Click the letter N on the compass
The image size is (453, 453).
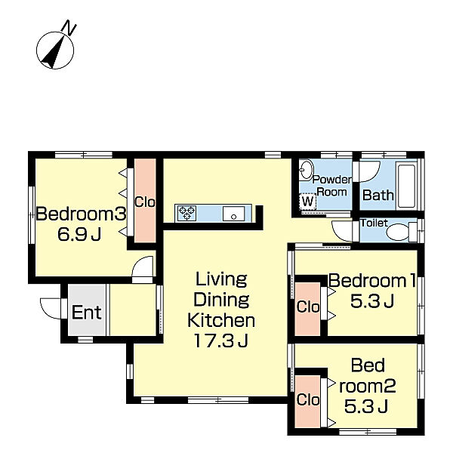[x=69, y=27]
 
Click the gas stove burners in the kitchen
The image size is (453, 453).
[x=187, y=214]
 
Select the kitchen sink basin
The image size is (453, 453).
[x=233, y=214]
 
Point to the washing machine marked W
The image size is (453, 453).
[x=308, y=201]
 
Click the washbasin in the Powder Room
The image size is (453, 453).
[x=306, y=169]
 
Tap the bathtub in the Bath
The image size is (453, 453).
[x=406, y=186]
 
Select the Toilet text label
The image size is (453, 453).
[x=374, y=223]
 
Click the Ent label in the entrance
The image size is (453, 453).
[x=86, y=313]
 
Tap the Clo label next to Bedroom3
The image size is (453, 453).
[x=145, y=202]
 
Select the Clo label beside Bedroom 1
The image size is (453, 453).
[x=308, y=307]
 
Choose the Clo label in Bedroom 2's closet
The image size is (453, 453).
[x=308, y=400]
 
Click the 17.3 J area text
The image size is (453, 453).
[x=221, y=341]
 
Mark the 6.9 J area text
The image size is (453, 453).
[x=79, y=234]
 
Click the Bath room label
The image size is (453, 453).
[x=378, y=196]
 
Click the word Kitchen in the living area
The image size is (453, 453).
[x=221, y=320]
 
